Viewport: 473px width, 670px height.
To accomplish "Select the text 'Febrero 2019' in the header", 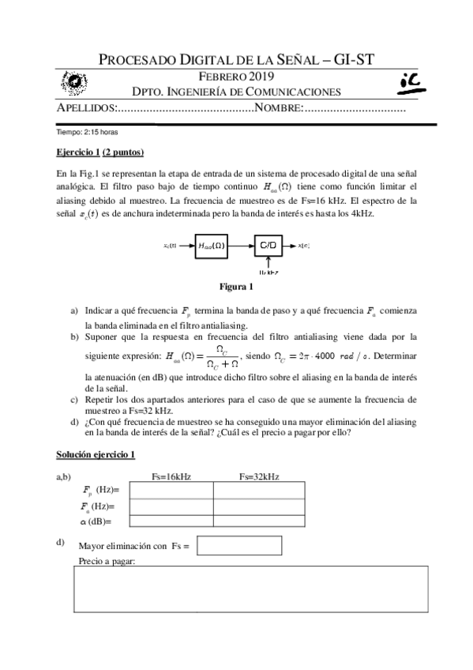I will pos(236,77).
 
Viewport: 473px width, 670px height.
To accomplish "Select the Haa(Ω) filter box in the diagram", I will pos(211,246).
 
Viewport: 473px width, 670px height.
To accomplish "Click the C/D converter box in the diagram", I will pos(268,246).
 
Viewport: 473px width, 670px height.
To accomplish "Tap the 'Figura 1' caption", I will pos(236,286).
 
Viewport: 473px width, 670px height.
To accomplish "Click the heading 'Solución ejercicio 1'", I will pos(96,454).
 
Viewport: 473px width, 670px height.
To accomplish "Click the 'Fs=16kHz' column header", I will pos(171,476).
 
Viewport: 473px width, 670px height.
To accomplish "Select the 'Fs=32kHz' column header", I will pos(258,476).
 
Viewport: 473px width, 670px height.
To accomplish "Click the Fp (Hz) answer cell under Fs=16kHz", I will pos(171,491).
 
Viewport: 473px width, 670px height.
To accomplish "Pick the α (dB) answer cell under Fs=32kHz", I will pos(258,521).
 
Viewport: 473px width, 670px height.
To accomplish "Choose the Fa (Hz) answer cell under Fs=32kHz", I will pos(258,506).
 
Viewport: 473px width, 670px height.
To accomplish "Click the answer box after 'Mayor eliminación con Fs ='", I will pos(227,546).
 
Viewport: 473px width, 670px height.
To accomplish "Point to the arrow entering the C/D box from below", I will pos(268,264).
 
